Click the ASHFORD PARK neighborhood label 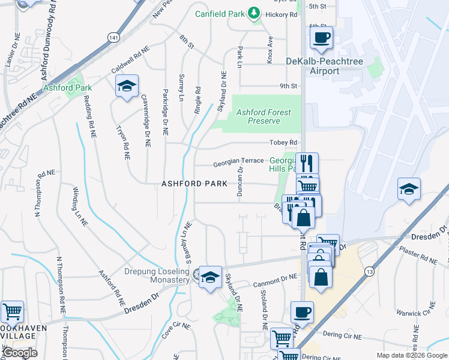pyautogui.click(x=194, y=184)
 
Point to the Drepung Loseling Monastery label pyautogui.click(x=157, y=276)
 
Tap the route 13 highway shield pyautogui.click(x=369, y=272)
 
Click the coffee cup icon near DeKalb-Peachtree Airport pyautogui.click(x=321, y=38)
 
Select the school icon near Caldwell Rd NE pyautogui.click(x=127, y=87)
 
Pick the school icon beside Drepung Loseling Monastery pyautogui.click(x=210, y=278)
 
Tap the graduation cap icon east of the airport pyautogui.click(x=409, y=190)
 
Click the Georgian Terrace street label pyautogui.click(x=238, y=161)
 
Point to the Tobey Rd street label pyautogui.click(x=283, y=142)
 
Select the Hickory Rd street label pyautogui.click(x=285, y=14)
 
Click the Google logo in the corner pyautogui.click(x=19, y=353)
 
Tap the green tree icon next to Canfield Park pyautogui.click(x=254, y=13)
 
